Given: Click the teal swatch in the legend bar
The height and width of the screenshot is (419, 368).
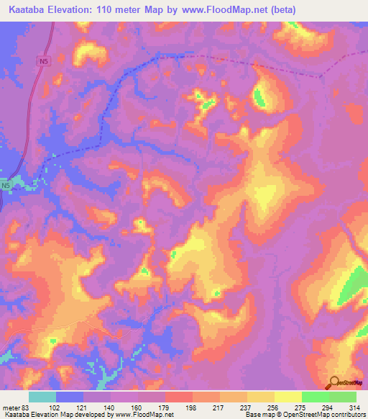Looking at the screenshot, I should click(x=42, y=397).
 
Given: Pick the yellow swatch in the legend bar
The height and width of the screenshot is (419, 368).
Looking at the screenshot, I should click(x=287, y=397).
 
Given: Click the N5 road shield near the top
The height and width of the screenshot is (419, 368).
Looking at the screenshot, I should click(x=45, y=62).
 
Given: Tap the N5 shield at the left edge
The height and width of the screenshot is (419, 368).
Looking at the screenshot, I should click(x=6, y=186).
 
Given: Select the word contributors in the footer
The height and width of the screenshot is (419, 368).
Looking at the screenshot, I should click(x=347, y=415).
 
